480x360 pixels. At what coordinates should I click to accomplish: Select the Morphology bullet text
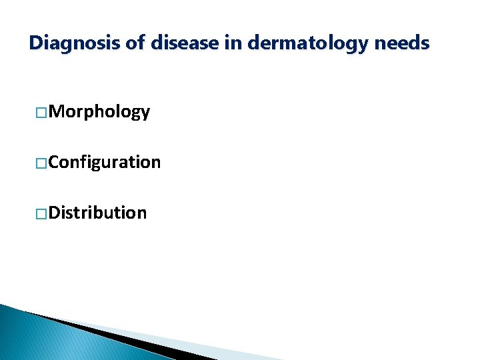99,112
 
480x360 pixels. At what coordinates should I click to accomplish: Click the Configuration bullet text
105,163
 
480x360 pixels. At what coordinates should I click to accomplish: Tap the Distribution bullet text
98,213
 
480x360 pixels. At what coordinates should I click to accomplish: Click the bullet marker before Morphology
41,112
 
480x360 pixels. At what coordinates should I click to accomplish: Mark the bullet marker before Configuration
41,163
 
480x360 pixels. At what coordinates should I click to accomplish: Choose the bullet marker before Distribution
41,213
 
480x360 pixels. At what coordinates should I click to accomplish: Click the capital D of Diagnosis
36,44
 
